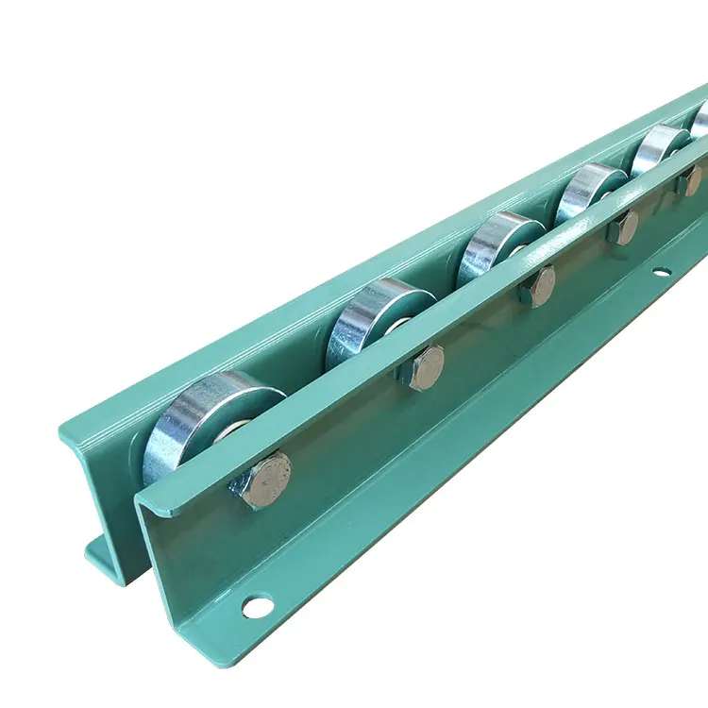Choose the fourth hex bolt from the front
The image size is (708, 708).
pyautogui.click(x=622, y=228)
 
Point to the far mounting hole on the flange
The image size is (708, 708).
pyautogui.click(x=661, y=274)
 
